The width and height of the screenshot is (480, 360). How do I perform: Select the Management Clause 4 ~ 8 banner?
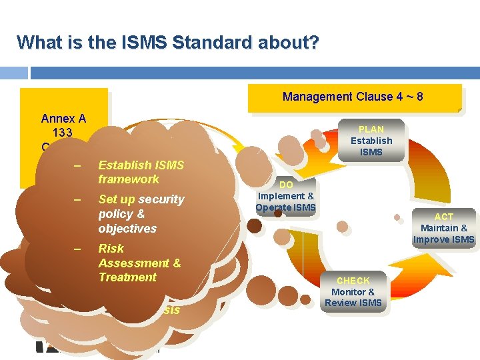click(353, 97)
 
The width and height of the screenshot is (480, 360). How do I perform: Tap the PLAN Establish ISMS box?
click(371, 141)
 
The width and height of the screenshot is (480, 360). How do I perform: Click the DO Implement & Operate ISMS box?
click(286, 196)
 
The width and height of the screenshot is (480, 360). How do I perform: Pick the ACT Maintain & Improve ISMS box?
click(443, 229)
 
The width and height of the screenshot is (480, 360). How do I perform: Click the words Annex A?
click(63, 119)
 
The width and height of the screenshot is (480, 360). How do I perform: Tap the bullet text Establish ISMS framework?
click(141, 172)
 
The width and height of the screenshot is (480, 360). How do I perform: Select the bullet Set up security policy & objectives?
click(141, 214)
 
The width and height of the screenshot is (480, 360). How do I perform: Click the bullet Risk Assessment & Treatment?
click(139, 263)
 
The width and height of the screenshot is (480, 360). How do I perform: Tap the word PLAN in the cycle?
click(371, 129)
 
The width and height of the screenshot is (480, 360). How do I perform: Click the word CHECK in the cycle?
click(353, 281)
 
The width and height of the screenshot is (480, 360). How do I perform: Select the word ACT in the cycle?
click(443, 217)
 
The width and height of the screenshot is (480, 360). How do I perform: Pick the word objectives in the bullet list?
click(127, 229)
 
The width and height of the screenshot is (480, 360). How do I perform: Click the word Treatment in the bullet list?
click(127, 277)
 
